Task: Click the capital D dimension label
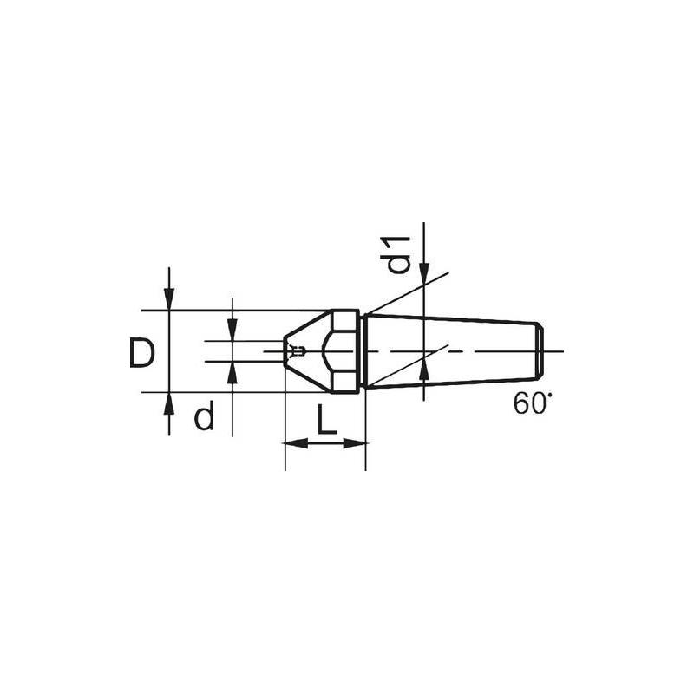142,353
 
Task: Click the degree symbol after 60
547,397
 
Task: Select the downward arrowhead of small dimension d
232,331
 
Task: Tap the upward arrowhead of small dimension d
232,371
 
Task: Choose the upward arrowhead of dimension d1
424,372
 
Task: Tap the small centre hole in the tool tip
298,351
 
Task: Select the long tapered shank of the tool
451,350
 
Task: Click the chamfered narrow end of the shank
539,350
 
